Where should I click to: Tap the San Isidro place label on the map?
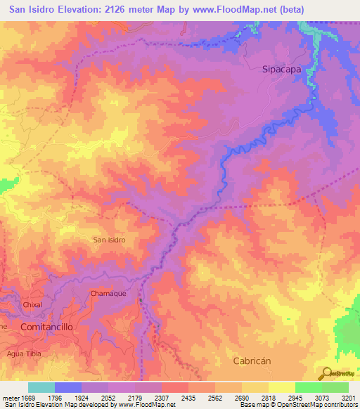pyautogui.click(x=110, y=240)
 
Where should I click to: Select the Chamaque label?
pyautogui.click(x=108, y=293)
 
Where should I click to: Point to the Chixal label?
pyautogui.click(x=32, y=305)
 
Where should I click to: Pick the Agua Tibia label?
pyautogui.click(x=25, y=353)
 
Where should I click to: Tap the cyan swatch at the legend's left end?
pyautogui.click(x=41, y=387)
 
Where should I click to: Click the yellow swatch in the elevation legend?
pyautogui.click(x=281, y=387)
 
